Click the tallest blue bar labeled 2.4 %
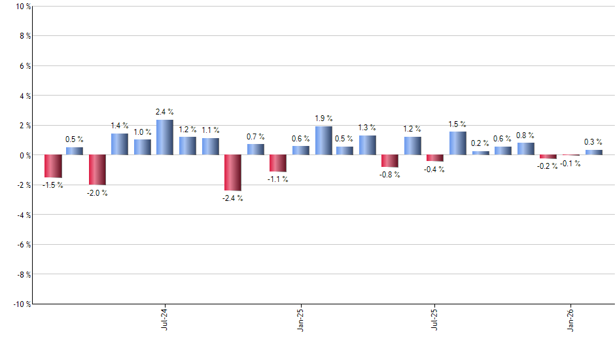(164, 137)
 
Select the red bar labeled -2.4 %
(233, 173)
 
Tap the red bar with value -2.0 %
(97, 170)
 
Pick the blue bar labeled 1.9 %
(323, 141)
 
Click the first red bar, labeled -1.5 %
(53, 166)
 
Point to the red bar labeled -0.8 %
(390, 161)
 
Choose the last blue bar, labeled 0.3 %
(593, 153)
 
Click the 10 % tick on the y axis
(22, 7)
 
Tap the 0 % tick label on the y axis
(24, 155)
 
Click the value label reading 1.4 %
(119, 125)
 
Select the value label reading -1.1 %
(278, 179)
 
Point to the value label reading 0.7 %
(255, 136)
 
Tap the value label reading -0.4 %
(434, 169)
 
